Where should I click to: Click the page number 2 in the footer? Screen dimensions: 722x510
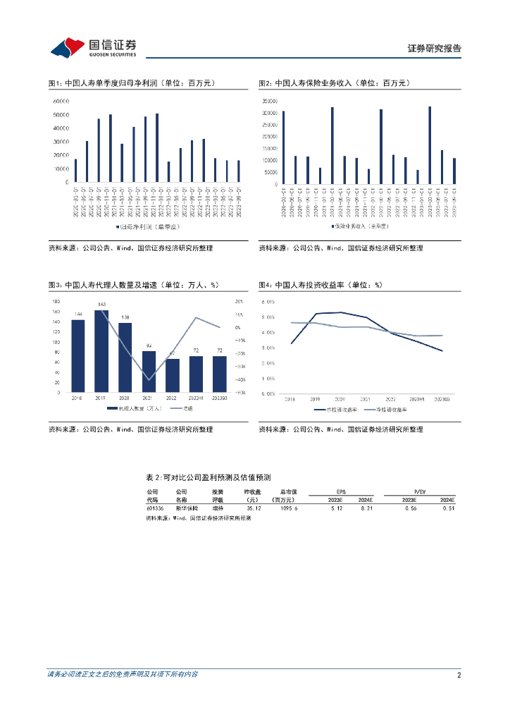459,675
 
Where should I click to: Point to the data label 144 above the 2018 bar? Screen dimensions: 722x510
78,314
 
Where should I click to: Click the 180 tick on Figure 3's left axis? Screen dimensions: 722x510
56,301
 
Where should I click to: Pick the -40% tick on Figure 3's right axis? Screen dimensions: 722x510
240,367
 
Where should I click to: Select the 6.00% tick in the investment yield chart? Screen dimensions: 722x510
268,301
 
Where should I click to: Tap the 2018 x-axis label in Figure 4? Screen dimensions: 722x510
290,399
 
